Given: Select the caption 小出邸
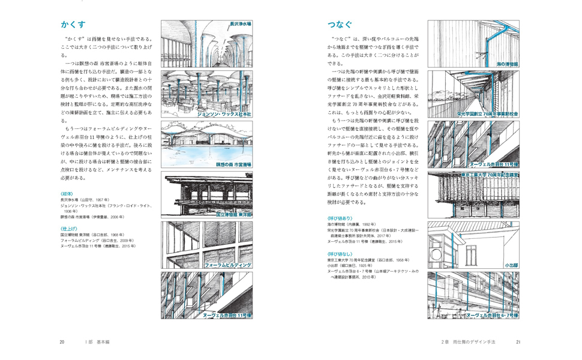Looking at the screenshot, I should coord(511,264).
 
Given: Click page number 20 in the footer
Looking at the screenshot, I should coord(62,342).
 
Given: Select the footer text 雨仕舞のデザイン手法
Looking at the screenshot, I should coord(473,342).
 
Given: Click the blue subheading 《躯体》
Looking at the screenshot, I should coord(67,194).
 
